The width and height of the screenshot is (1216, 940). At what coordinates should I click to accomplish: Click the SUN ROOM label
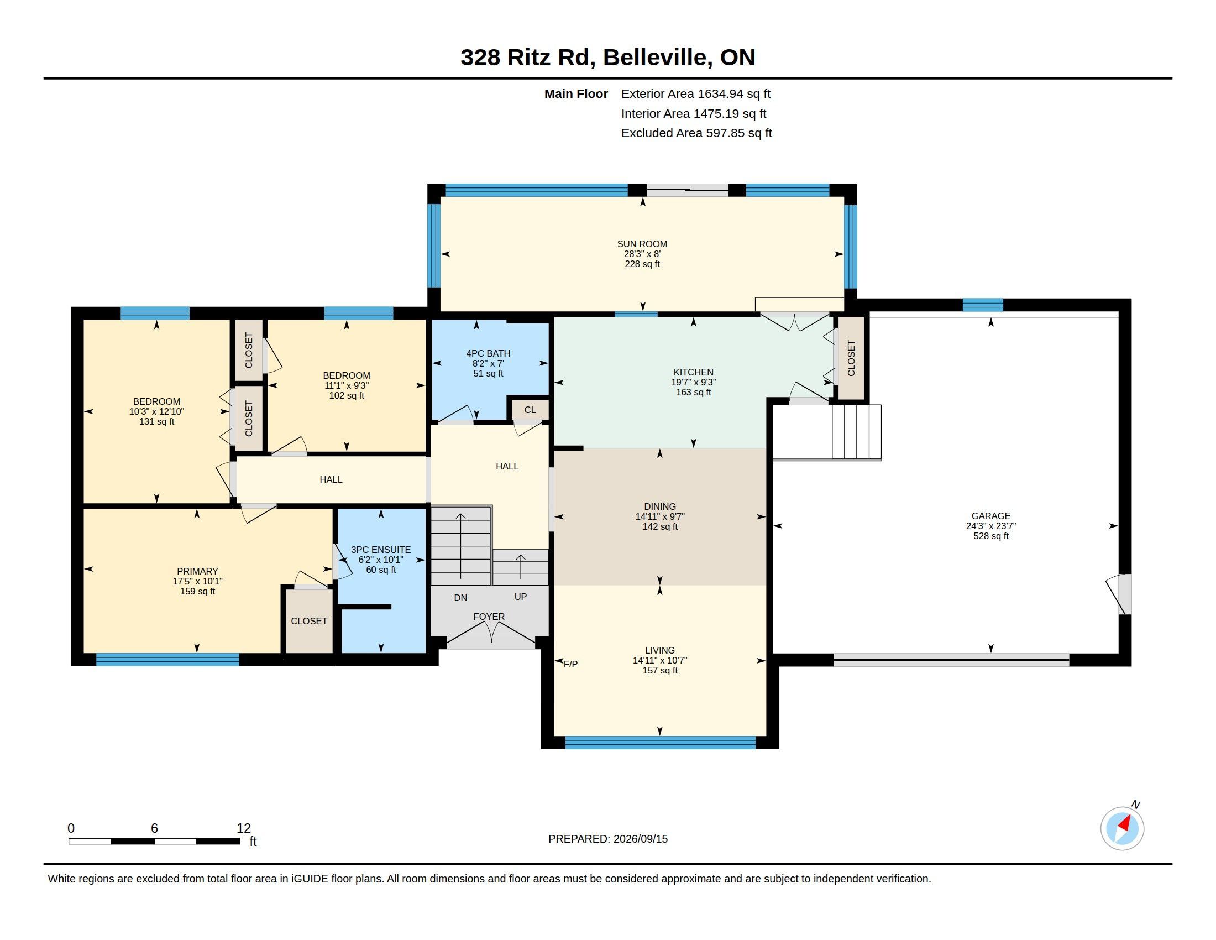pyautogui.click(x=642, y=244)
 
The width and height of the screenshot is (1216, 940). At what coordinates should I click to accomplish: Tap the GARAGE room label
pyautogui.click(x=990, y=516)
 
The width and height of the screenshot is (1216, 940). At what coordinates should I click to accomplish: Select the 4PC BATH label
pyautogui.click(x=488, y=354)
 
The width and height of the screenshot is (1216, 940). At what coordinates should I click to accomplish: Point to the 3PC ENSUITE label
pyautogui.click(x=381, y=550)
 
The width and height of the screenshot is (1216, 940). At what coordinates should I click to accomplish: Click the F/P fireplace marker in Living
pyautogui.click(x=571, y=664)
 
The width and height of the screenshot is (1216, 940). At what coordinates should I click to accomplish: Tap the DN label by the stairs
pyautogui.click(x=460, y=598)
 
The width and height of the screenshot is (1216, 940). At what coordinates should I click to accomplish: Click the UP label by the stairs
pyautogui.click(x=521, y=597)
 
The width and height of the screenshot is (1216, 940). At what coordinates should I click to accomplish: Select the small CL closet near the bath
pyautogui.click(x=530, y=410)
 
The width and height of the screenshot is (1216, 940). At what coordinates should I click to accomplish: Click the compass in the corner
pyautogui.click(x=1123, y=829)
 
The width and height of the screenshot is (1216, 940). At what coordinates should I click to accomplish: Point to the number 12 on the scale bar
pyautogui.click(x=244, y=828)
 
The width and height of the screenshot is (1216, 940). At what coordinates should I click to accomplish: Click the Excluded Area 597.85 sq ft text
pyautogui.click(x=696, y=133)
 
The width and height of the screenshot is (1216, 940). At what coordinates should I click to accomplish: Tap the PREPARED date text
pyautogui.click(x=608, y=839)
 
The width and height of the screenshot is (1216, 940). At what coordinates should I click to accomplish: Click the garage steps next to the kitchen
pyautogui.click(x=856, y=432)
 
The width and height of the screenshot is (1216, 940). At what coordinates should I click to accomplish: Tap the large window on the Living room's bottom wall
pyautogui.click(x=661, y=742)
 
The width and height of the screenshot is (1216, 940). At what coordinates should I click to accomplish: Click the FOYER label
pyautogui.click(x=489, y=617)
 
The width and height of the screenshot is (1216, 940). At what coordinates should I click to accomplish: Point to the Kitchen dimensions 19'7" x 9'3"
pyautogui.click(x=693, y=383)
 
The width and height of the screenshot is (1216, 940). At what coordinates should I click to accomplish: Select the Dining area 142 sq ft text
pyautogui.click(x=660, y=527)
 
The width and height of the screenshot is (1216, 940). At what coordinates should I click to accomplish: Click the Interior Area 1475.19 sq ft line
pyautogui.click(x=694, y=113)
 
